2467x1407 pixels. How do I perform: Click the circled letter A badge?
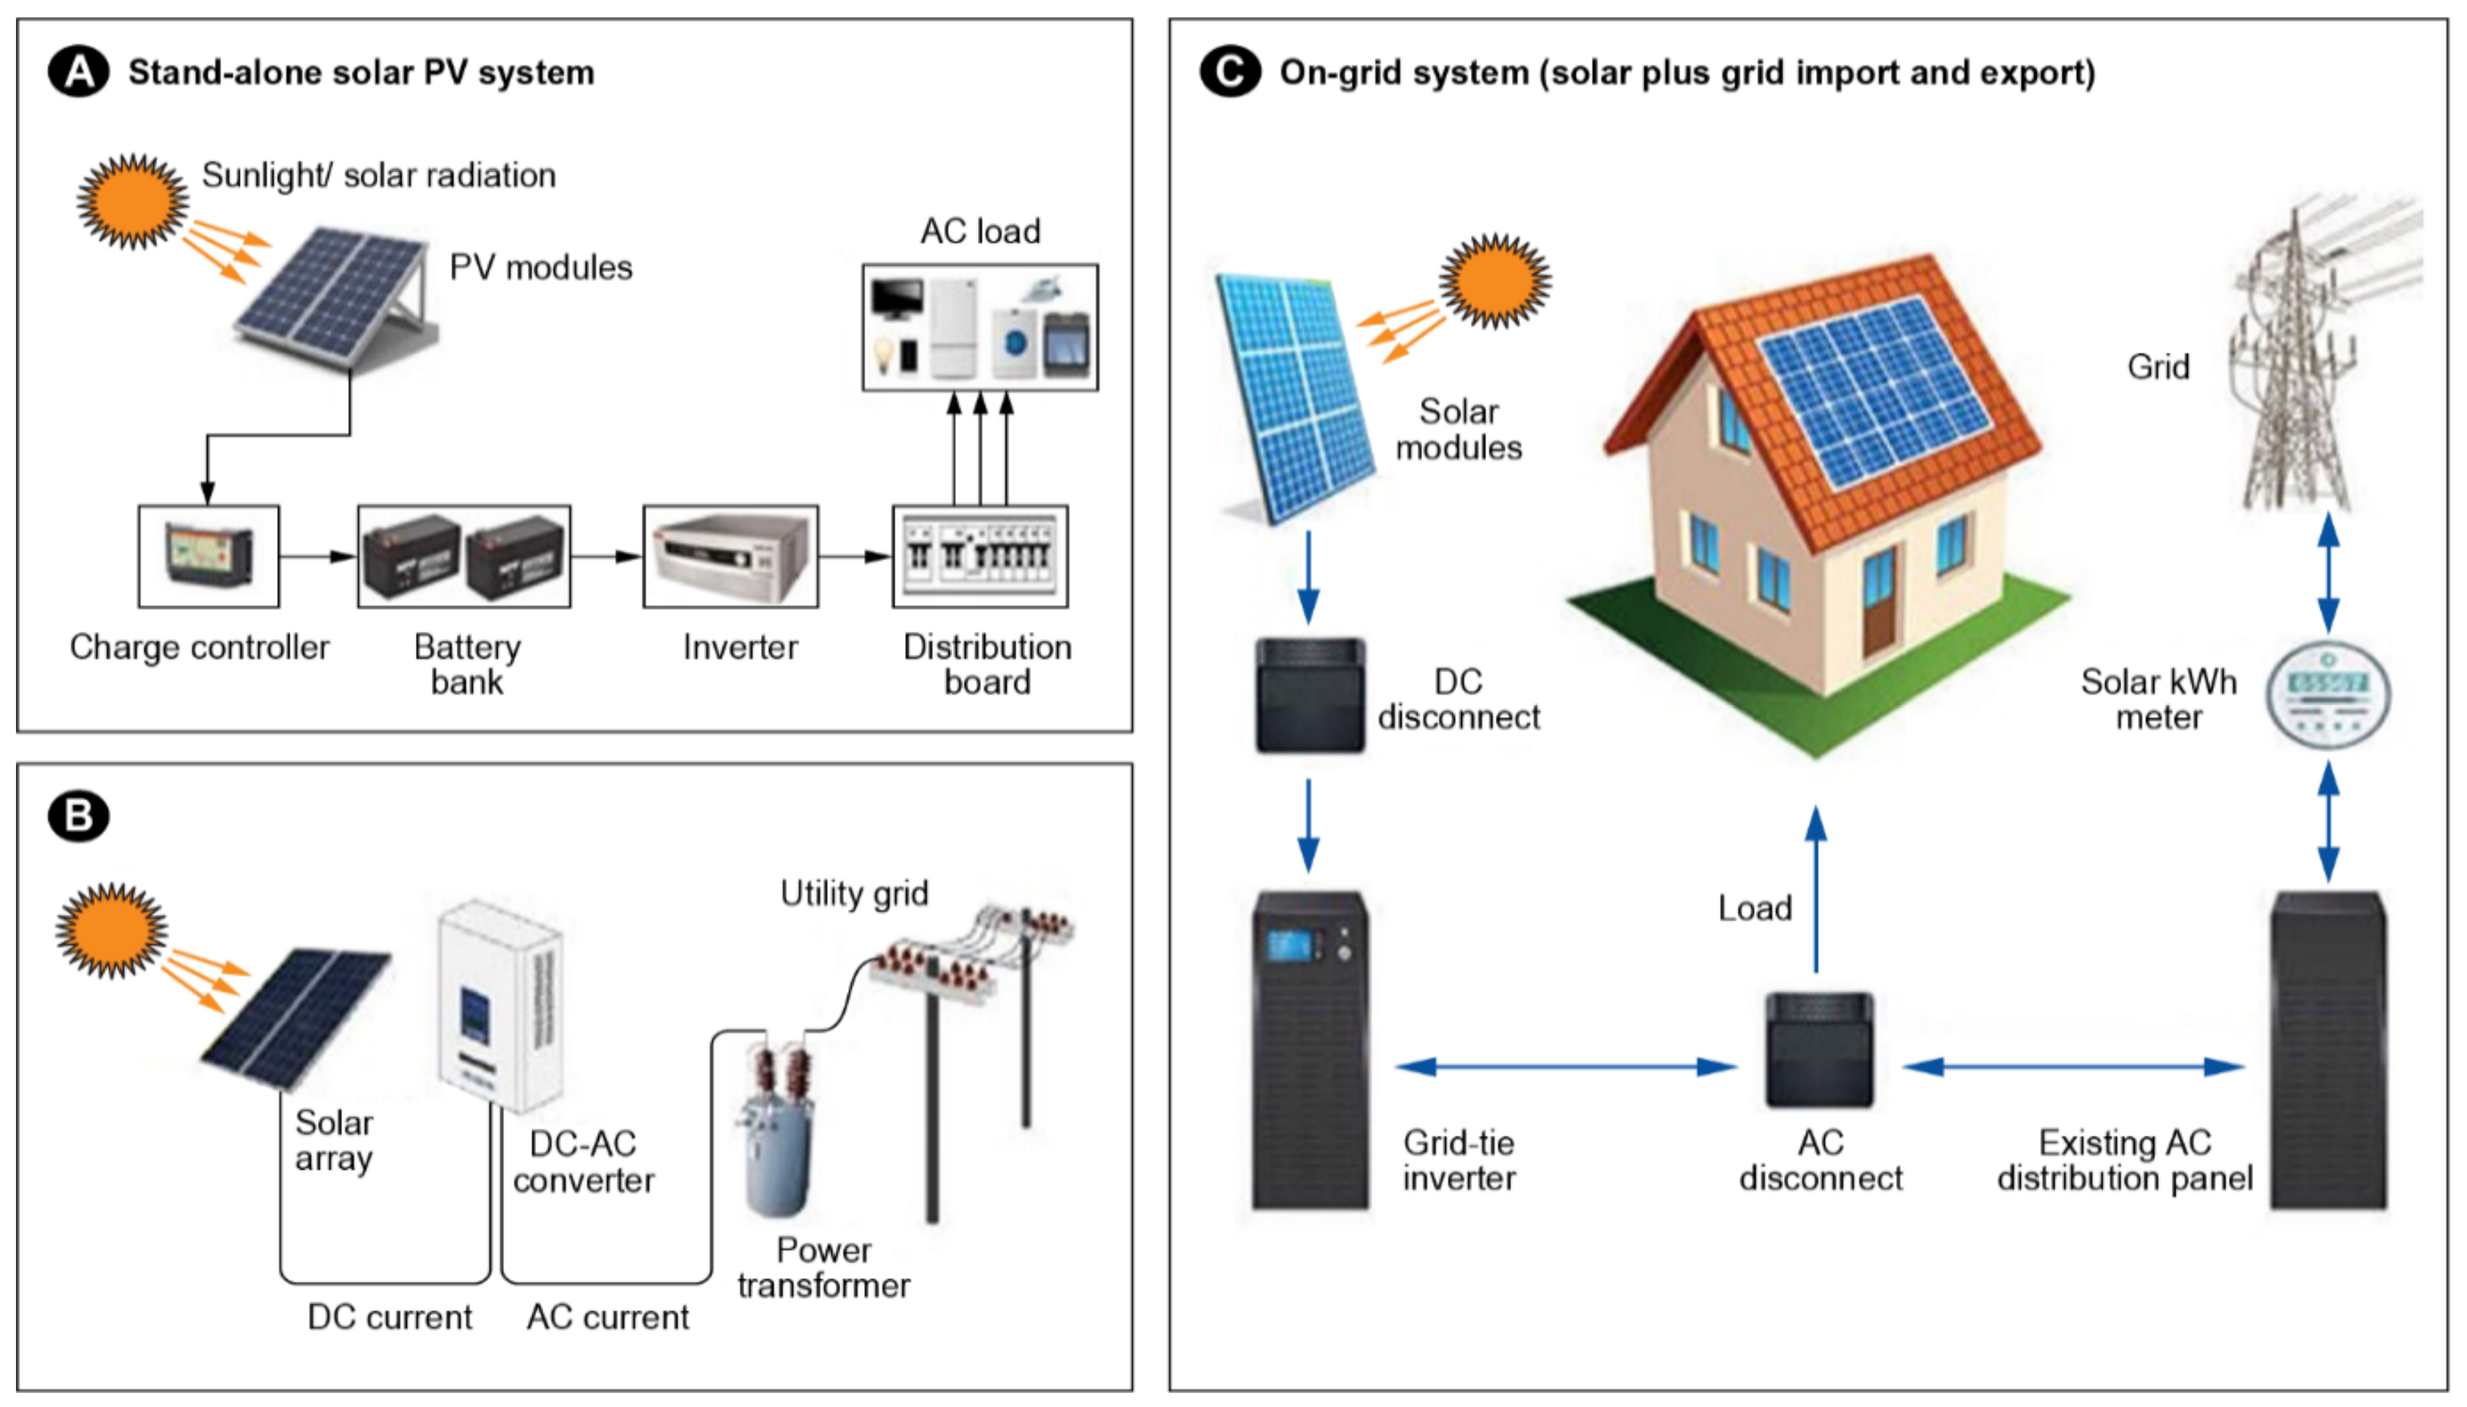coord(78,72)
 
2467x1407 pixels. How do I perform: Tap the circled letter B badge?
coord(78,816)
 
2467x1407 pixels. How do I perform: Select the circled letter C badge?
coord(1229,72)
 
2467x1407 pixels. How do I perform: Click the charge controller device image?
coord(209,555)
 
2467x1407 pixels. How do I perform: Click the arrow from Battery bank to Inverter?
coord(606,557)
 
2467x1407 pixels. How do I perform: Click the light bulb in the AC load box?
coord(882,354)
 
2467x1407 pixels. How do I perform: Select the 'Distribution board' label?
coord(986,664)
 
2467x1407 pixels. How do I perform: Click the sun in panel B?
coord(111,929)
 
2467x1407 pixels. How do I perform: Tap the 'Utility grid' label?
coord(854,893)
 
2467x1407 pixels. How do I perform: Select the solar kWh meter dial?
coord(2328,696)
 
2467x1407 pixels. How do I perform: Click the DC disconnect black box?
coord(1309,696)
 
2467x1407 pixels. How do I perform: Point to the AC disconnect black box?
coord(1819,1050)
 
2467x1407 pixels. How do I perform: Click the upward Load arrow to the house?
coord(1816,889)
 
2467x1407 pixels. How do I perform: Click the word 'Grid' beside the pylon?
coord(2158,367)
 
